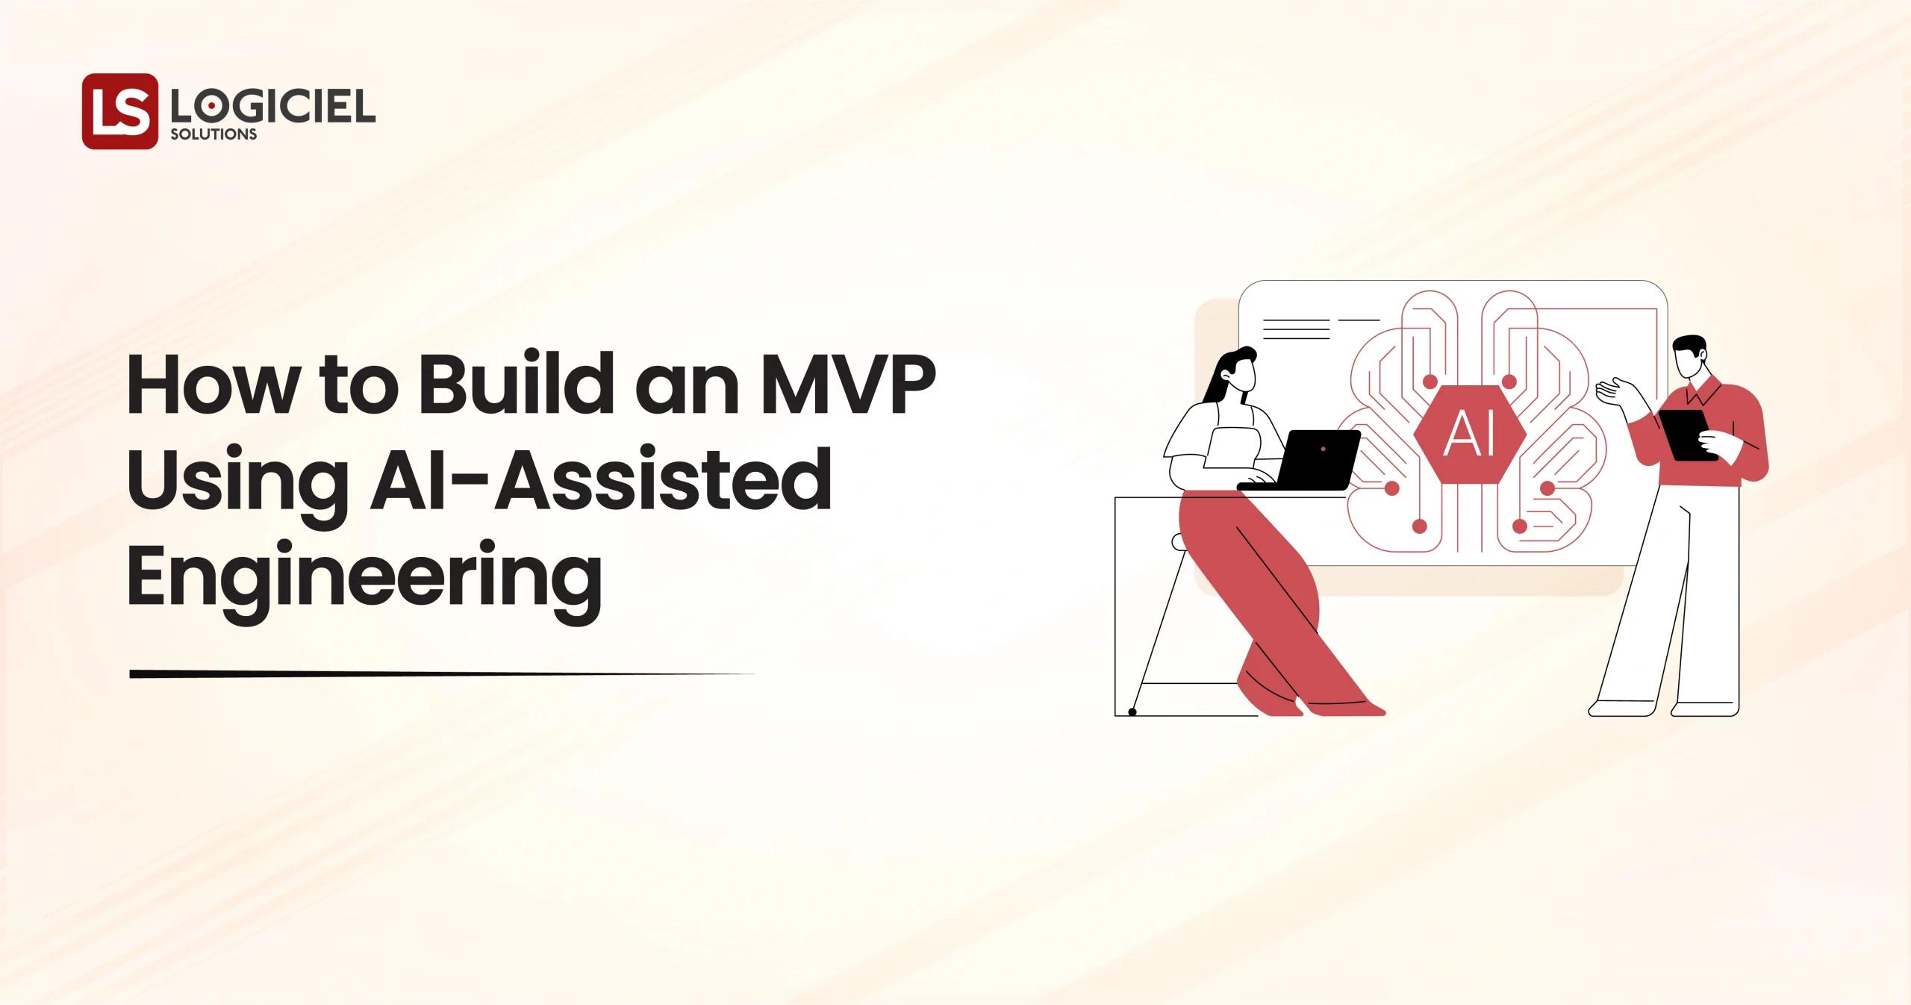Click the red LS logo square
point(119,111)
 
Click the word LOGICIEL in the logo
point(272,108)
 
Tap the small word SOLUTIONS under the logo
point(213,135)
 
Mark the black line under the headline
point(440,674)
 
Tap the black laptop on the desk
point(1316,458)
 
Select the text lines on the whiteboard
point(1295,329)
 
